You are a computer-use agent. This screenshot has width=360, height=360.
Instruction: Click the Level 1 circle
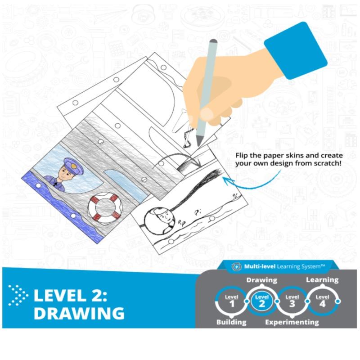pos(232,301)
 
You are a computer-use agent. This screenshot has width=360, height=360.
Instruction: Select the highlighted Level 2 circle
pos(262,301)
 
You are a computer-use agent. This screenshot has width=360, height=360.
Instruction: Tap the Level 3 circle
pos(292,301)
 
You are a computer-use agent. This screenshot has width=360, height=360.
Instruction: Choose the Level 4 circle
pos(322,301)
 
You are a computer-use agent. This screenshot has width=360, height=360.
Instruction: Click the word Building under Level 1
pos(231,322)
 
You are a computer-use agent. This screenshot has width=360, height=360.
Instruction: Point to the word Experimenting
pos(292,322)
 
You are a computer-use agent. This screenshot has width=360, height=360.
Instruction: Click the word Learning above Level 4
pos(322,280)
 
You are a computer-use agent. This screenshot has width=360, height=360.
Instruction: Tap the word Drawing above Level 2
pos(262,280)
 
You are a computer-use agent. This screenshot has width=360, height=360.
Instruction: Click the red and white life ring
pos(105,208)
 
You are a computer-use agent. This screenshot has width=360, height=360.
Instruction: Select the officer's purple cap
pos(73,165)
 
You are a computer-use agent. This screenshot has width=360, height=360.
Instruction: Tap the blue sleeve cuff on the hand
pos(296,50)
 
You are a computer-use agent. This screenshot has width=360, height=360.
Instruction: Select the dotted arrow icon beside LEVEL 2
pos(18,295)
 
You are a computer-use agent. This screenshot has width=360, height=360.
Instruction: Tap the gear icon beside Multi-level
pos(236,267)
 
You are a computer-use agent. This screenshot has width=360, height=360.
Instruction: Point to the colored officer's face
pos(65,173)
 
